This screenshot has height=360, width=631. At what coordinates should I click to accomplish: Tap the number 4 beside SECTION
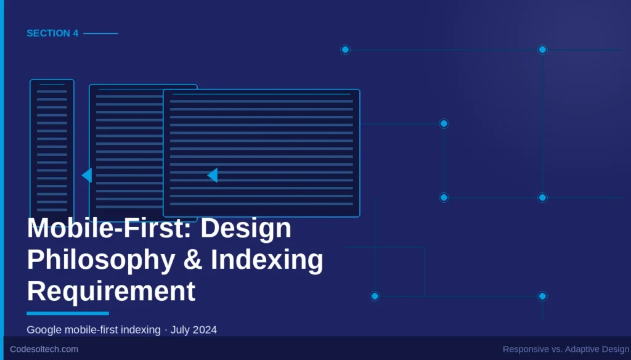[x=76, y=33]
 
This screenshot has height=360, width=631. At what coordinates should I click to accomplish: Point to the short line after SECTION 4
[x=100, y=33]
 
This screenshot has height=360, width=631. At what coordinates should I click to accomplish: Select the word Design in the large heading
[x=246, y=229]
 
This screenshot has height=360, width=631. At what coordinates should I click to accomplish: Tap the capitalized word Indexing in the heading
[x=267, y=260]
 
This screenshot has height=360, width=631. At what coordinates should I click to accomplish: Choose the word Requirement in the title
[x=111, y=290]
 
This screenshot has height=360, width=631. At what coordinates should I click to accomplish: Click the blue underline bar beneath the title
[x=68, y=313]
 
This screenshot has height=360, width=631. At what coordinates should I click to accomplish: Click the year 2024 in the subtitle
[x=205, y=330]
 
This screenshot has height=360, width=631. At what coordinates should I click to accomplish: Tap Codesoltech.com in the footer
[x=44, y=349]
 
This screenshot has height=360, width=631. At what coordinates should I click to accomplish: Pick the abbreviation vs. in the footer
[x=556, y=349]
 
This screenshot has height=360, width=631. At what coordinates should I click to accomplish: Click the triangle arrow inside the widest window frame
[x=213, y=176]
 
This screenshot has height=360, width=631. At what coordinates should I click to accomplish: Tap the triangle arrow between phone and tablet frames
[x=87, y=176]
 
